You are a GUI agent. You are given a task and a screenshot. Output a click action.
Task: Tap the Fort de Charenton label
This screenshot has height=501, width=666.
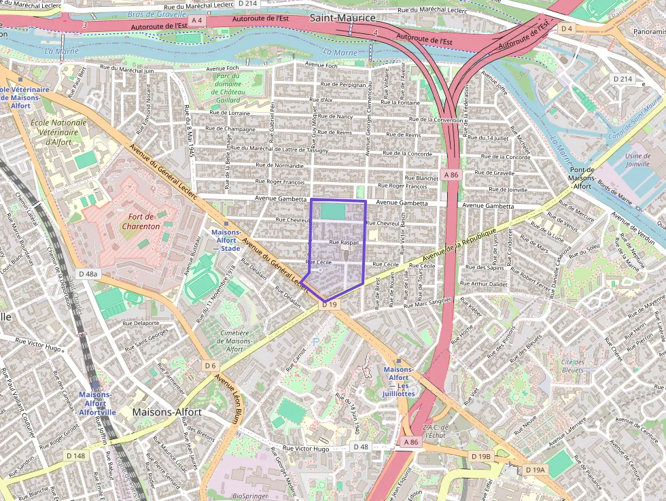pyautogui.click(x=143, y=221)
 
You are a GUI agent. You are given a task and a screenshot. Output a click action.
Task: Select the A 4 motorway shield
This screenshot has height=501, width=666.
pyautogui.click(x=197, y=21)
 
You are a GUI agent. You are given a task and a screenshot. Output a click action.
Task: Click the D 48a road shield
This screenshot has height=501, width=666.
pyautogui.click(x=88, y=274)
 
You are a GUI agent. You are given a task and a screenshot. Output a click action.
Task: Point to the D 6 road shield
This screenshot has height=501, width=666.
pyautogui.click(x=211, y=366)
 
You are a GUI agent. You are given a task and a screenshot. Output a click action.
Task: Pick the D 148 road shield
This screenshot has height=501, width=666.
pyautogui.click(x=76, y=455)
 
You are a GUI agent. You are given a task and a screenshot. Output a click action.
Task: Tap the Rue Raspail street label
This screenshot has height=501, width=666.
pyautogui.click(x=343, y=242)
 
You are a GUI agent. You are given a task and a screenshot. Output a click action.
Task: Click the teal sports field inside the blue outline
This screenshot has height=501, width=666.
pyautogui.click(x=332, y=211)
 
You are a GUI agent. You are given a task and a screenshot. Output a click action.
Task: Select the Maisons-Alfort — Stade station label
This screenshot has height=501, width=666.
pyautogui.click(x=226, y=240)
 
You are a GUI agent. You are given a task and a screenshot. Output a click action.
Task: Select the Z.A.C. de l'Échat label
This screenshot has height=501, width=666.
pyautogui.click(x=434, y=430)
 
